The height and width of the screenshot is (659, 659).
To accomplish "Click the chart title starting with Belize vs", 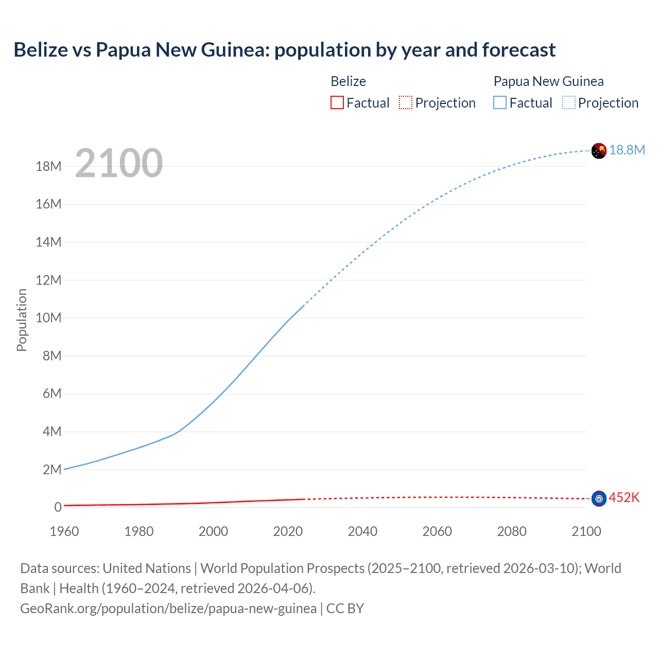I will (x=284, y=50).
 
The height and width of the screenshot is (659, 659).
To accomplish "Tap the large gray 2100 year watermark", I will (x=119, y=163).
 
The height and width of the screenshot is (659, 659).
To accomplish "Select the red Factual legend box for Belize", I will (x=337, y=103).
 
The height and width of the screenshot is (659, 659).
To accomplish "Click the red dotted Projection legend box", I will (x=406, y=103).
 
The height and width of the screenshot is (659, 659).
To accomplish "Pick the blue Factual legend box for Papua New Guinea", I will (x=499, y=103).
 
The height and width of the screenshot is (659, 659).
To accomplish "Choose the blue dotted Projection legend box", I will (x=568, y=103).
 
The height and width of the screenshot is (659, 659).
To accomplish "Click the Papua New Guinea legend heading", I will (x=548, y=81).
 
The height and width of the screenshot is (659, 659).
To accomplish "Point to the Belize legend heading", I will (x=348, y=81).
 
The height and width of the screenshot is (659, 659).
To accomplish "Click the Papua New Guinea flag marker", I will (x=599, y=151).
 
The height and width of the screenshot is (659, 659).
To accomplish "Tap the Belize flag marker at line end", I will (x=599, y=498).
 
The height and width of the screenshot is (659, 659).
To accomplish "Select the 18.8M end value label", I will (x=627, y=150).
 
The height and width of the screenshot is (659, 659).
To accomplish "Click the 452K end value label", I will (x=624, y=497).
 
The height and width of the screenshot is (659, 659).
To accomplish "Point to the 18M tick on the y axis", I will (x=48, y=166).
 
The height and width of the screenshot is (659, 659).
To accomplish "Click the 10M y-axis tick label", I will (x=48, y=318).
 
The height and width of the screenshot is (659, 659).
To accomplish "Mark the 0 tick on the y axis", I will (x=58, y=507).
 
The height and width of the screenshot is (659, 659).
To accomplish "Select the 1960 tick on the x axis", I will (x=64, y=531).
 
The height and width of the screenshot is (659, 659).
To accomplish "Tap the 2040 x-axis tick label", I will (x=362, y=531).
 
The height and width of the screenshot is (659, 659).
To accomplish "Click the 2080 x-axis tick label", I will (x=512, y=531).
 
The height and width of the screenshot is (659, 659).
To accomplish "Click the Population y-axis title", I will (x=22, y=320).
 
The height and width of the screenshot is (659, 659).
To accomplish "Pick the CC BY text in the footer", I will (x=345, y=609).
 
